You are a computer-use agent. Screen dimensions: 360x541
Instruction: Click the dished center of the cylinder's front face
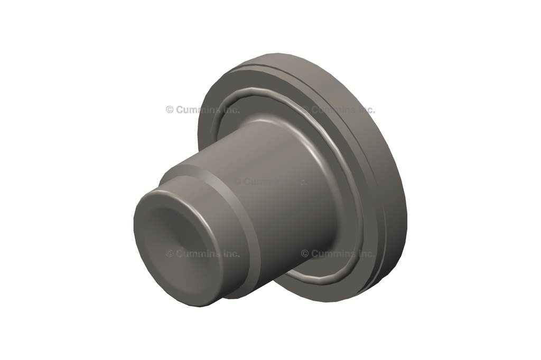(x=177, y=240)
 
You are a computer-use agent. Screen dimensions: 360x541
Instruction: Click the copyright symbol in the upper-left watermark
(x=170, y=110)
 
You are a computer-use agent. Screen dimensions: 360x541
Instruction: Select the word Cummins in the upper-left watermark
(x=197, y=110)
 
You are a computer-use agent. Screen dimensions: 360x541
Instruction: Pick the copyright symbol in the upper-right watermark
(x=305, y=110)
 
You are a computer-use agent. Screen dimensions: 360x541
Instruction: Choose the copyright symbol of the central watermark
(x=237, y=182)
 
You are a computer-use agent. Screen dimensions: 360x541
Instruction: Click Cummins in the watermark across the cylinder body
(x=264, y=182)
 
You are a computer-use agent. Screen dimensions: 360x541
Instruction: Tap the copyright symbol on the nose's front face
(x=170, y=254)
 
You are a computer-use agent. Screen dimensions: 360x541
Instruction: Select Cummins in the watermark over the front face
(x=197, y=254)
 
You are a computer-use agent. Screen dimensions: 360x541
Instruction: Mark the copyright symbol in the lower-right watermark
(x=305, y=254)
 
